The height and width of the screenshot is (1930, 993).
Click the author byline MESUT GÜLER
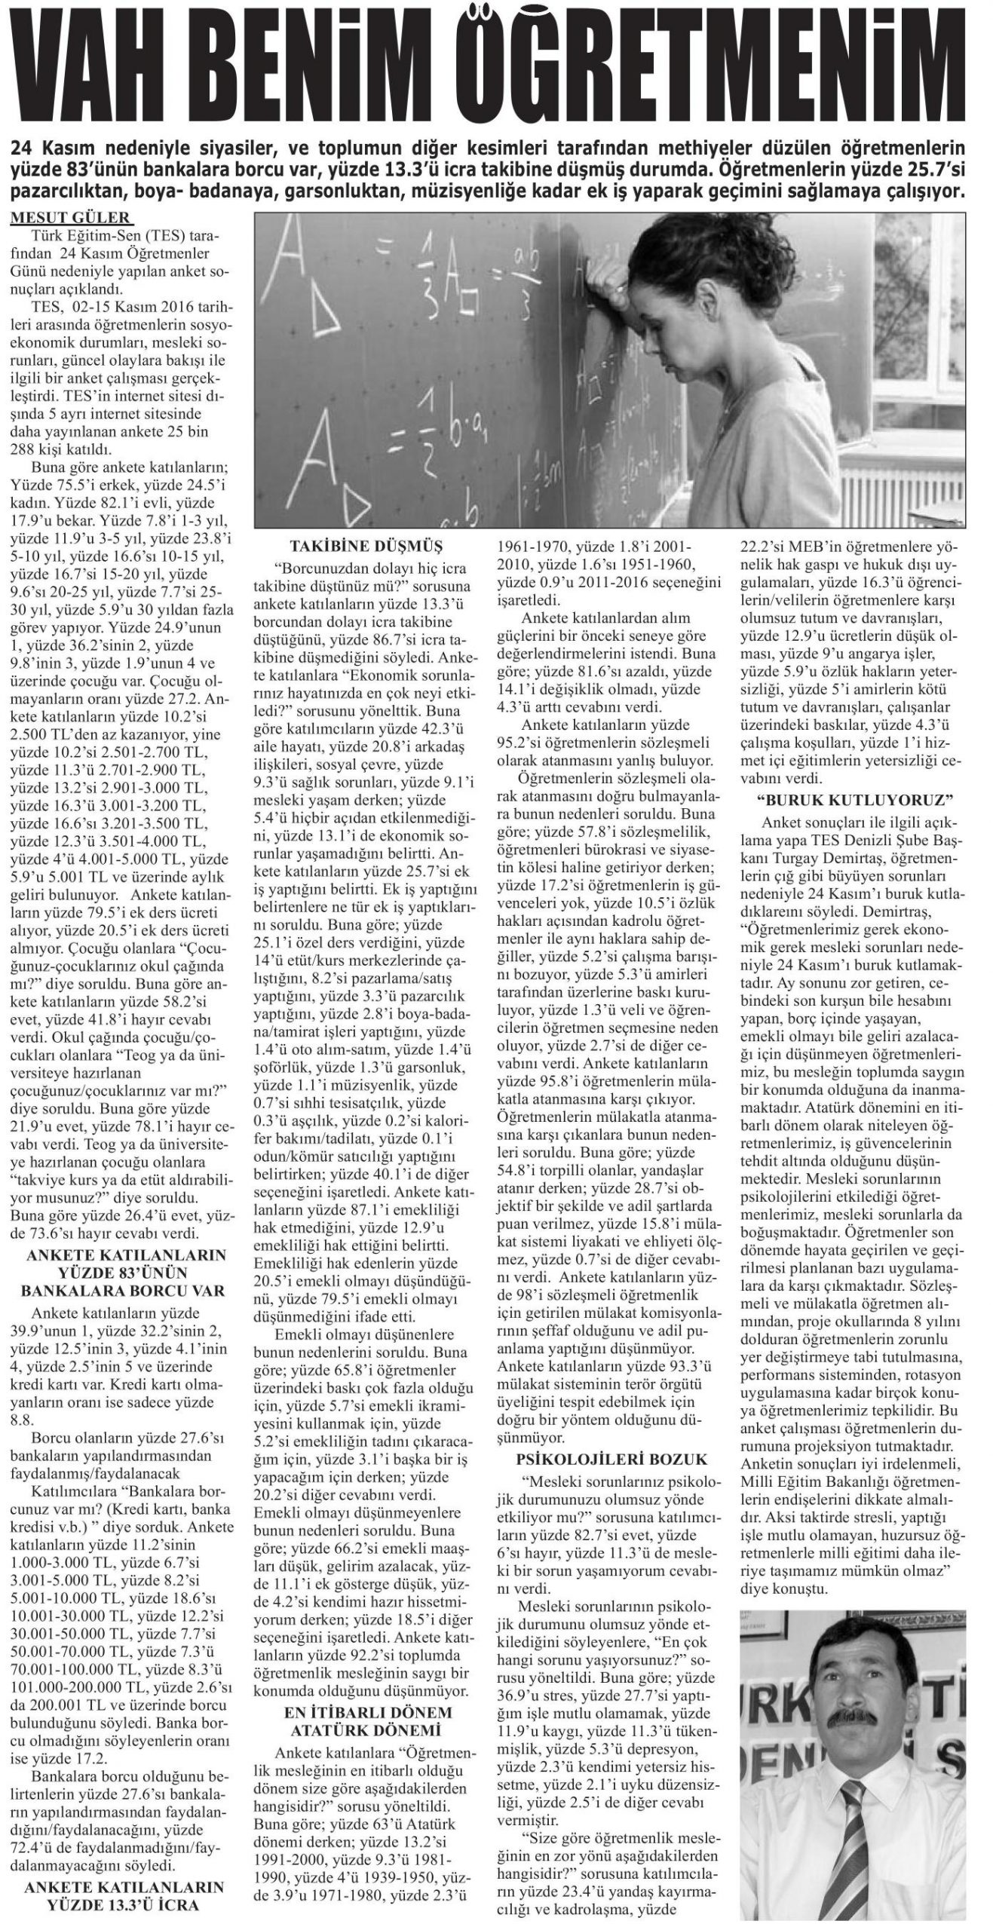tap(71, 219)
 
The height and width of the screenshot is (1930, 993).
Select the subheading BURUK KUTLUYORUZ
tap(850, 798)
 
